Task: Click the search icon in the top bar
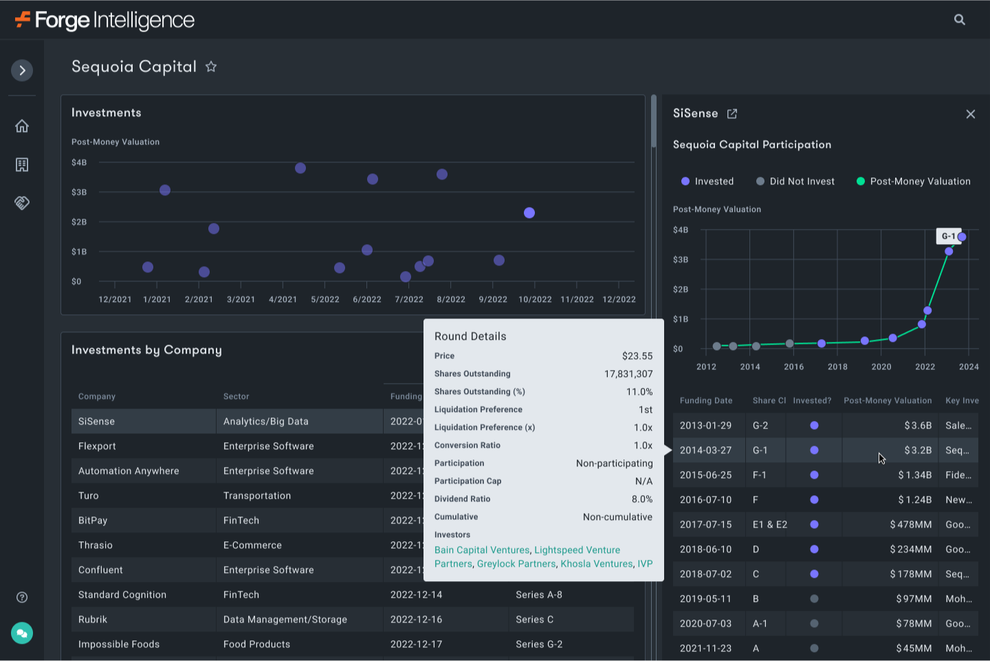[x=960, y=20]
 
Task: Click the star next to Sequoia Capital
[x=211, y=67]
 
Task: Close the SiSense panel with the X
[x=970, y=114]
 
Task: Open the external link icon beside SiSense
[x=732, y=114]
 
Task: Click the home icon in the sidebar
[x=22, y=126]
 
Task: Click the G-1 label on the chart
[x=948, y=237]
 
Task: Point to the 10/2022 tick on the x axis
[x=535, y=299]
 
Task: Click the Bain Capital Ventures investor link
[x=482, y=550]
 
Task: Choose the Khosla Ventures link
[x=596, y=564]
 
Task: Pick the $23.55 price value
[x=637, y=356]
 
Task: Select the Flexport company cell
[x=97, y=446]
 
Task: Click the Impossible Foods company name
[x=119, y=644]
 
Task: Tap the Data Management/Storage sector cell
[x=285, y=620]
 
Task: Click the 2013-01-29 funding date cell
[x=705, y=426]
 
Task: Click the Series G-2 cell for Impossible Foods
[x=539, y=644]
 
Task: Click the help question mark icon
[x=22, y=597]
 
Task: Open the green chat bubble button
[x=22, y=633]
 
